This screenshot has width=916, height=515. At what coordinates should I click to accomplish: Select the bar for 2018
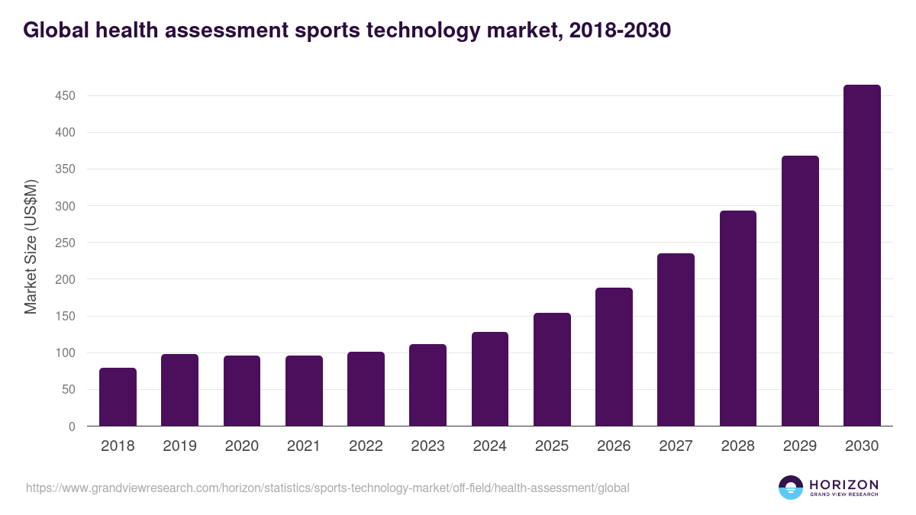click(118, 397)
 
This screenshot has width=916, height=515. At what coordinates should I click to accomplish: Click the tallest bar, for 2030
click(862, 256)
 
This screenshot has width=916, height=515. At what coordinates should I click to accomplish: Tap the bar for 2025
click(552, 369)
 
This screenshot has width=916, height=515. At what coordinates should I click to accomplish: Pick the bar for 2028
click(738, 318)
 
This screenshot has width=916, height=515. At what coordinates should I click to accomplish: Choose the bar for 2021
click(304, 391)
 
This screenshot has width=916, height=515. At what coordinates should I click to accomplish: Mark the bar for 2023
click(427, 385)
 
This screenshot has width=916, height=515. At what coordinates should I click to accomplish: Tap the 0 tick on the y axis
click(72, 426)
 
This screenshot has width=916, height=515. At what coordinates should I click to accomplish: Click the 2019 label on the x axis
click(179, 446)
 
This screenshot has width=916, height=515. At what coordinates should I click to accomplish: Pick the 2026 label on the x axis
click(614, 446)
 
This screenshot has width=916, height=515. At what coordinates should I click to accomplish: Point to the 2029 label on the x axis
click(800, 446)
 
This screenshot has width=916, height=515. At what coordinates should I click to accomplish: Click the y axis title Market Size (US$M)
click(31, 246)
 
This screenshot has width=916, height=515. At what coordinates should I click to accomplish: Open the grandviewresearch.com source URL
click(327, 488)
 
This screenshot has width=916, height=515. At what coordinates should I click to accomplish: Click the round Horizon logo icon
click(791, 488)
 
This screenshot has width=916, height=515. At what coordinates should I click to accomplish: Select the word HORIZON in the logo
click(843, 484)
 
